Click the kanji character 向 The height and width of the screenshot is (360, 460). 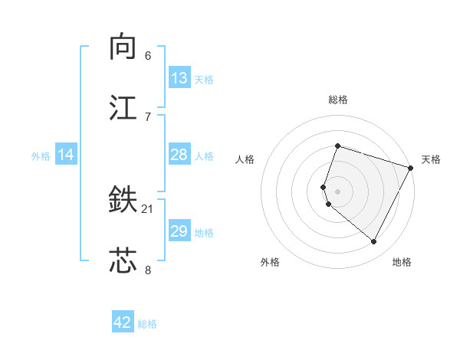[123, 47]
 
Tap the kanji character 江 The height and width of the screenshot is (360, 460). [123, 107]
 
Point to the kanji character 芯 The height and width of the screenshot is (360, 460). [123, 260]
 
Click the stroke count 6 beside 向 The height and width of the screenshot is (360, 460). [148, 56]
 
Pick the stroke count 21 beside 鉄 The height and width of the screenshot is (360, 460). [148, 209]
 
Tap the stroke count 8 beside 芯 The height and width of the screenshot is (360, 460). [148, 269]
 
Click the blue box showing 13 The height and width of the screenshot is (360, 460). [179, 78]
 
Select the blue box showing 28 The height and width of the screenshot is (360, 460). [179, 155]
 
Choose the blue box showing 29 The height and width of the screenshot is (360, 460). [179, 231]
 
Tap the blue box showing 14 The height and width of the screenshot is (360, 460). [66, 155]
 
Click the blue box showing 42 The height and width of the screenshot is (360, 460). [123, 322]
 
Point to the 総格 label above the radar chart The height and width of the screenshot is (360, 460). [337, 100]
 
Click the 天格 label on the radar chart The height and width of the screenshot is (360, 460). [431, 159]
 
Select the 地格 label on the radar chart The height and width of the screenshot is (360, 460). [402, 262]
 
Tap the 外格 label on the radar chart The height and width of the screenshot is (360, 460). [270, 262]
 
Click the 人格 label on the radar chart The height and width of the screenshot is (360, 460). [245, 159]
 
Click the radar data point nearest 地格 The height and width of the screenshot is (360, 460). [374, 242]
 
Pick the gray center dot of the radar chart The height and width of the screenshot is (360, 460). [337, 191]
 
